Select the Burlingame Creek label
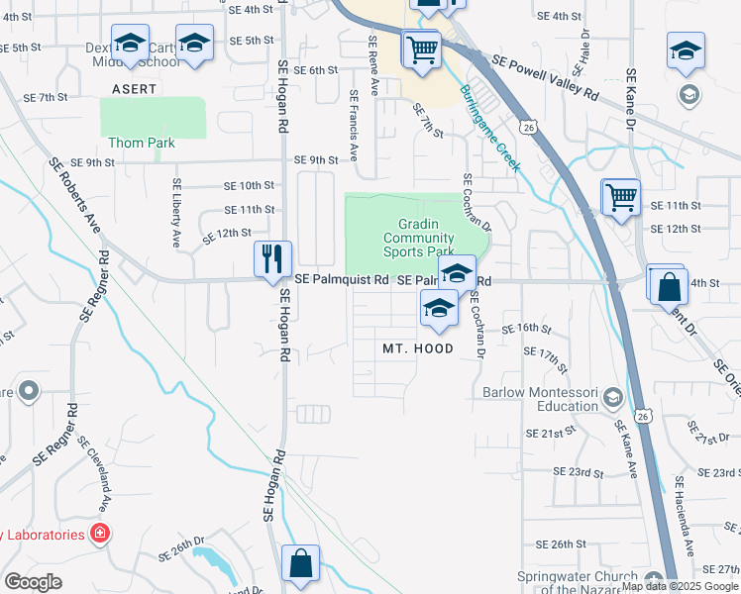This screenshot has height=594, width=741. [489, 128]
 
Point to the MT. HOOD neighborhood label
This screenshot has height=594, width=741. [418, 348]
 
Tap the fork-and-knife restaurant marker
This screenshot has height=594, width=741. [270, 259]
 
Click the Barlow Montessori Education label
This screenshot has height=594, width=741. [541, 399]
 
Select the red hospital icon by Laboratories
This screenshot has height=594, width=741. [99, 535]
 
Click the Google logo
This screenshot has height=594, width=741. [34, 582]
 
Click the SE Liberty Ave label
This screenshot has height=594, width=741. [176, 212]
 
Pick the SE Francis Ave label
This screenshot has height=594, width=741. [353, 128]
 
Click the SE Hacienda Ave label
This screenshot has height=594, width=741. [685, 515]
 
